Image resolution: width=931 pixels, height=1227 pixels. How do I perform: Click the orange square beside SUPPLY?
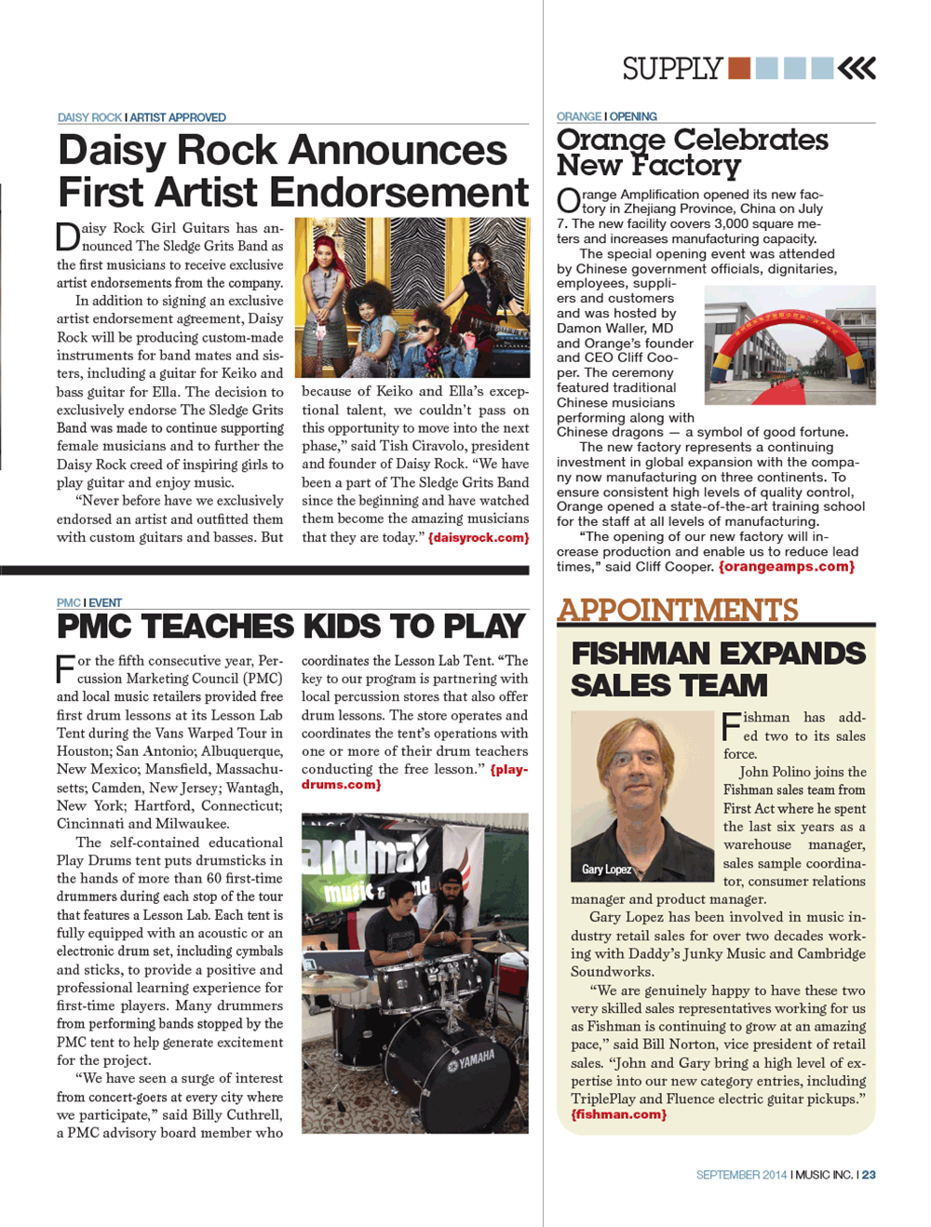739,68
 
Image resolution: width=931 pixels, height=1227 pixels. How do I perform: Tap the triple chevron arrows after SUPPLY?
857,68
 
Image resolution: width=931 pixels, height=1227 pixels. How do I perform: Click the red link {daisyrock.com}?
479,538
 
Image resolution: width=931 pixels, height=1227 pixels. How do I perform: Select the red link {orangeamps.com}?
786,566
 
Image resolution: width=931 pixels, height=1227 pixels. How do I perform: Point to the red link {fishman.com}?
618,1114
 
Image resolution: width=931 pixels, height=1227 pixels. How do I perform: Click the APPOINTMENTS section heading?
678,610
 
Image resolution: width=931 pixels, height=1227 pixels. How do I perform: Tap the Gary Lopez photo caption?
607,870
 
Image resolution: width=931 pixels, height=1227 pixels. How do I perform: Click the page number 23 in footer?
869,1175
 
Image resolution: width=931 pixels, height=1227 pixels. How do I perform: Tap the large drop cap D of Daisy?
67,236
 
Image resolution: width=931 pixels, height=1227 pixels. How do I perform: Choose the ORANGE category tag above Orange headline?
578,116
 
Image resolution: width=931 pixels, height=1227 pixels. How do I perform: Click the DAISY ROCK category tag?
89,117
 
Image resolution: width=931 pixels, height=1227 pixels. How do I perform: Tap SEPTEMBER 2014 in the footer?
741,1175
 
